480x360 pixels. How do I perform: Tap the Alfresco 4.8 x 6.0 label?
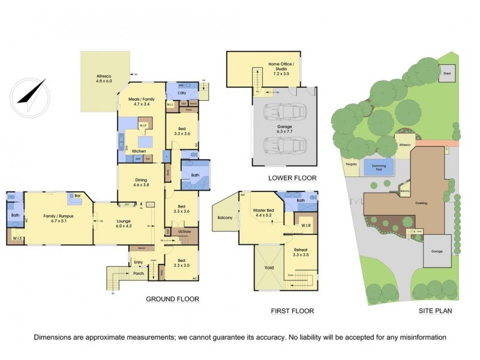click(x=104, y=78)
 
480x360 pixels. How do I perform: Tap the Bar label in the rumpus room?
click(x=78, y=196)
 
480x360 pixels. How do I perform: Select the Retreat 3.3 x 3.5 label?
click(x=301, y=253)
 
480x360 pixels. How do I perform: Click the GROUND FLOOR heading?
click(x=173, y=299)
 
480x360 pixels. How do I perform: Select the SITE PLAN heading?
click(x=435, y=311)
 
